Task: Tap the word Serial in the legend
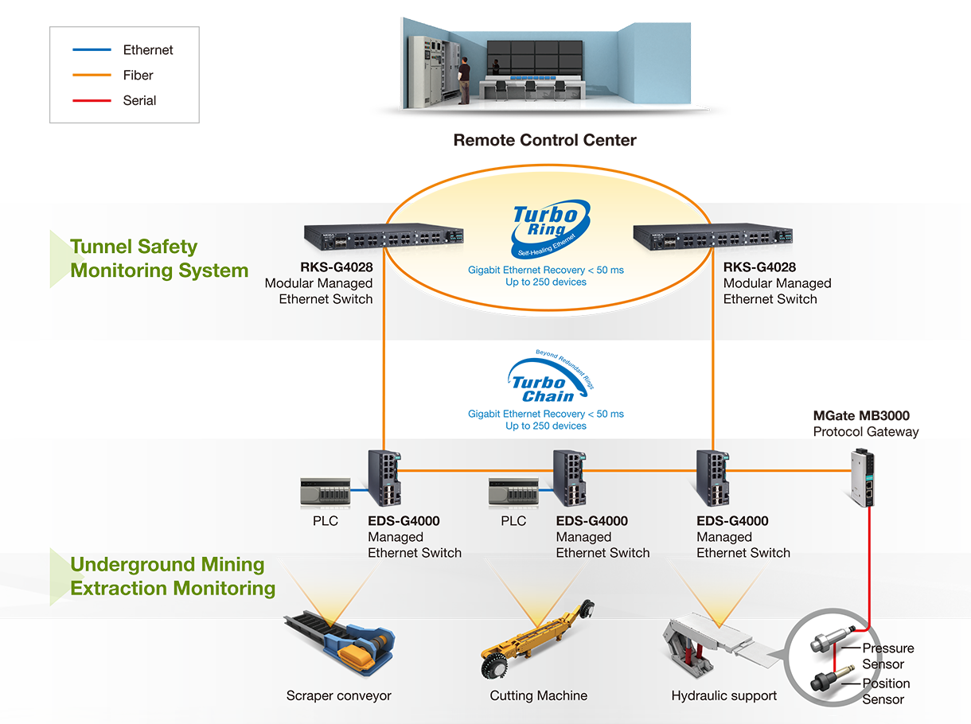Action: [x=139, y=101]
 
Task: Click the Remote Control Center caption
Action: [x=544, y=141]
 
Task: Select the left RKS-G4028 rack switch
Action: [x=383, y=235]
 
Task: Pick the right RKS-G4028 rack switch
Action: [x=712, y=235]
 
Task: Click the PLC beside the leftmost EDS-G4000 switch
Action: [x=326, y=492]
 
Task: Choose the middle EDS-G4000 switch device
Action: [x=571, y=477]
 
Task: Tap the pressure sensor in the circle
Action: [x=827, y=644]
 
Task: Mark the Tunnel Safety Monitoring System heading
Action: [x=159, y=259]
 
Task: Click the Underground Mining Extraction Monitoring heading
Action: [x=173, y=577]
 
